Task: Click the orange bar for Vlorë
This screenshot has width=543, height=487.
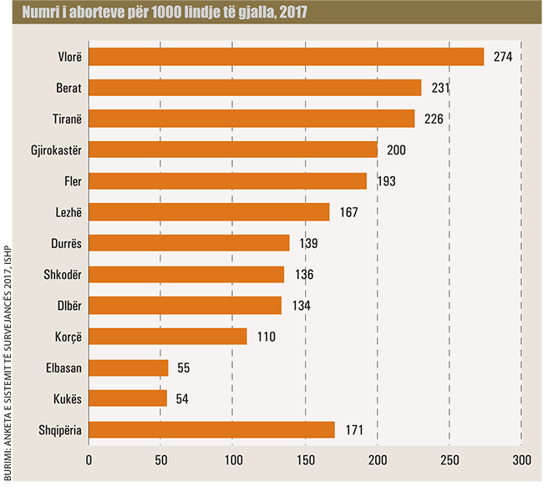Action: click(286, 57)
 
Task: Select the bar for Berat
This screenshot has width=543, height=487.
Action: click(255, 88)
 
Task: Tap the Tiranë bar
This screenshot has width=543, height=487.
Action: click(251, 119)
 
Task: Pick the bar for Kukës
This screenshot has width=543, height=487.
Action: click(128, 398)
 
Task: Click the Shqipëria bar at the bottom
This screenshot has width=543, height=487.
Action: click(211, 429)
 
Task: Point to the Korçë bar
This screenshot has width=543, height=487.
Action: click(168, 336)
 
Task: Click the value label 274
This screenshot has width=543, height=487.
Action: click(502, 57)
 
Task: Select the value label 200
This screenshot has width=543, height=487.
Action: click(397, 150)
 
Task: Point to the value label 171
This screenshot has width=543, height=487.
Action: click(354, 429)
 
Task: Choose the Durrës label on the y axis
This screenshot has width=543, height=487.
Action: click(63, 243)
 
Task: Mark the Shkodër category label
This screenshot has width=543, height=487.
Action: click(61, 274)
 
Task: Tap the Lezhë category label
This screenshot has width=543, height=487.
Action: click(65, 212)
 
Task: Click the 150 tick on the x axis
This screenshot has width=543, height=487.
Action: click(306, 459)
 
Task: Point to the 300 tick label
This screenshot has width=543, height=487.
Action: click(521, 459)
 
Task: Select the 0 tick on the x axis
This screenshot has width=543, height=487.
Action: click(89, 459)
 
